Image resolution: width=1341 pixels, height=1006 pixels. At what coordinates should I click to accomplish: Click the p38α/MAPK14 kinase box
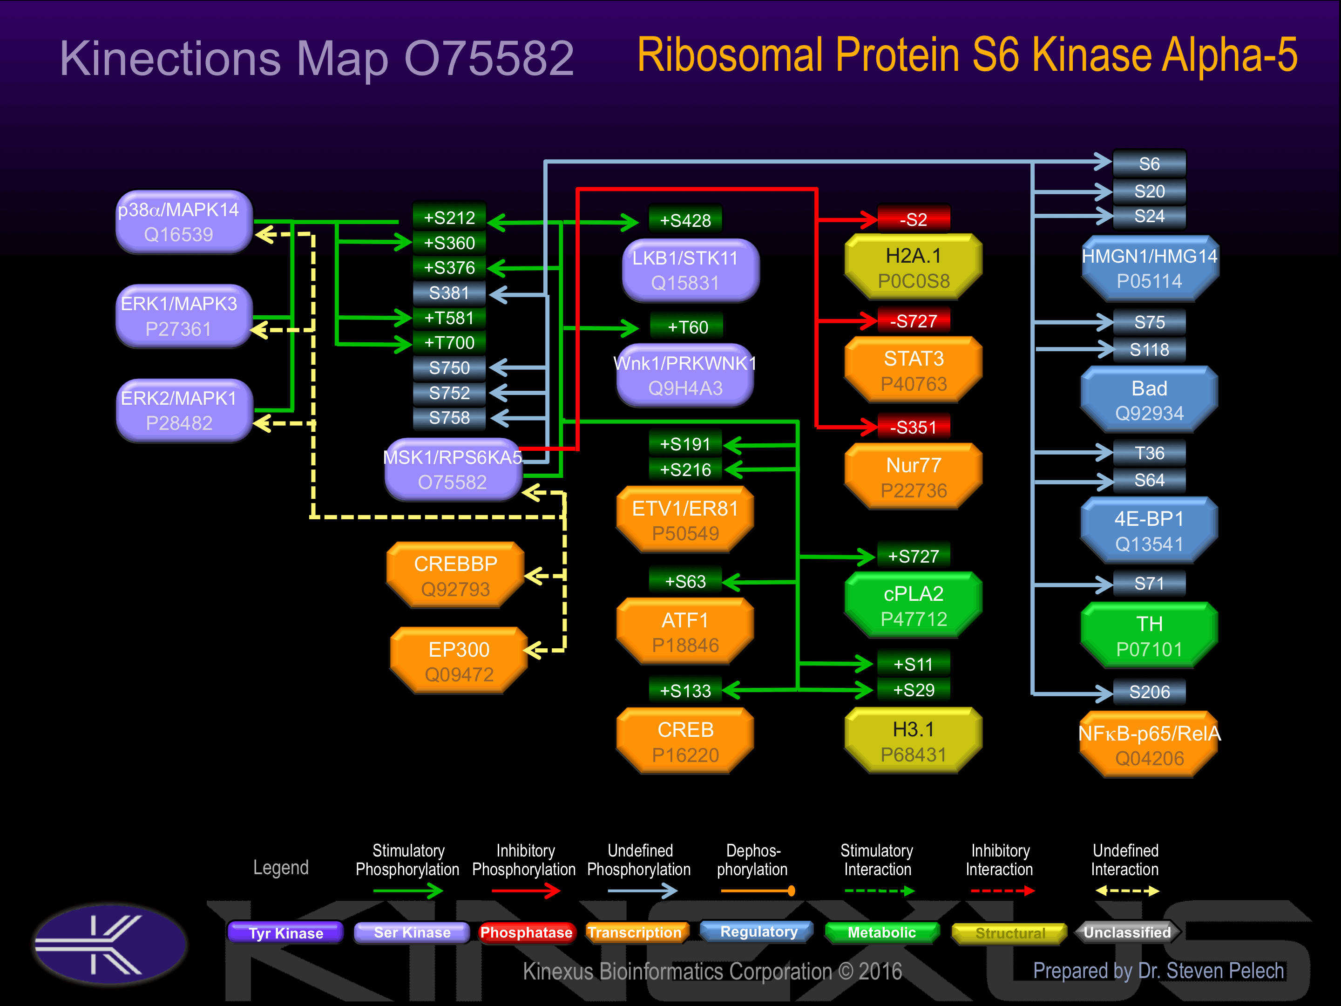click(x=184, y=222)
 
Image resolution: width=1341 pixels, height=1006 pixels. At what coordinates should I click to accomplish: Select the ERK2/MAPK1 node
click(x=184, y=410)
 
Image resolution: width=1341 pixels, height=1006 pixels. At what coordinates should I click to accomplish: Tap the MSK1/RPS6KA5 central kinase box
click(x=453, y=469)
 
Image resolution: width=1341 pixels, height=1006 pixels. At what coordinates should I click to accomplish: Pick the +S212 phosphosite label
click(x=449, y=218)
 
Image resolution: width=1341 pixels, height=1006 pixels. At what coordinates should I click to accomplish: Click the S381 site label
click(x=449, y=293)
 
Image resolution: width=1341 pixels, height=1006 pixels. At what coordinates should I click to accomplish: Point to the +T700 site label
click(x=449, y=343)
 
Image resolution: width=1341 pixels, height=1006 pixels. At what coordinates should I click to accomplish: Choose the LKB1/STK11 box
click(x=691, y=271)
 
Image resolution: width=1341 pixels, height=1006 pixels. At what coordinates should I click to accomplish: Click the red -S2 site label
click(x=914, y=219)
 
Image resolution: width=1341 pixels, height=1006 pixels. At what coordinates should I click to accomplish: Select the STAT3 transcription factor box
click(x=914, y=371)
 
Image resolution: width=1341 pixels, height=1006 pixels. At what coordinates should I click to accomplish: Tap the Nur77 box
click(x=914, y=477)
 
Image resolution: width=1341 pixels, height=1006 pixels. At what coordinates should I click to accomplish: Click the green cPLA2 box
click(x=914, y=606)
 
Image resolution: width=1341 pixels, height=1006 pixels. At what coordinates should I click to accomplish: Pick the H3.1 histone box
click(x=914, y=741)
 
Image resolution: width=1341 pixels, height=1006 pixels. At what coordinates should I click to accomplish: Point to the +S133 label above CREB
click(x=685, y=691)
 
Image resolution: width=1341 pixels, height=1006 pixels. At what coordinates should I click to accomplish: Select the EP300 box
click(x=459, y=661)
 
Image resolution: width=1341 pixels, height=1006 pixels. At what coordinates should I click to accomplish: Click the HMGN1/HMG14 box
click(x=1150, y=269)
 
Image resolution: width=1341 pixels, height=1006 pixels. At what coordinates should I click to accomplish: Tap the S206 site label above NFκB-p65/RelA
click(x=1150, y=692)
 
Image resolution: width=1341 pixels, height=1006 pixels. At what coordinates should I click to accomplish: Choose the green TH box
click(x=1150, y=636)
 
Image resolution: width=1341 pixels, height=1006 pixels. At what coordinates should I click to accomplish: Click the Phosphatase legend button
click(x=526, y=932)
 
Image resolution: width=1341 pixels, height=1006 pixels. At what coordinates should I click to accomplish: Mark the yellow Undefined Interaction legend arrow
click(x=1127, y=891)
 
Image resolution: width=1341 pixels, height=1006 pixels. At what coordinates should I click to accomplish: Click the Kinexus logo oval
click(x=110, y=944)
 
